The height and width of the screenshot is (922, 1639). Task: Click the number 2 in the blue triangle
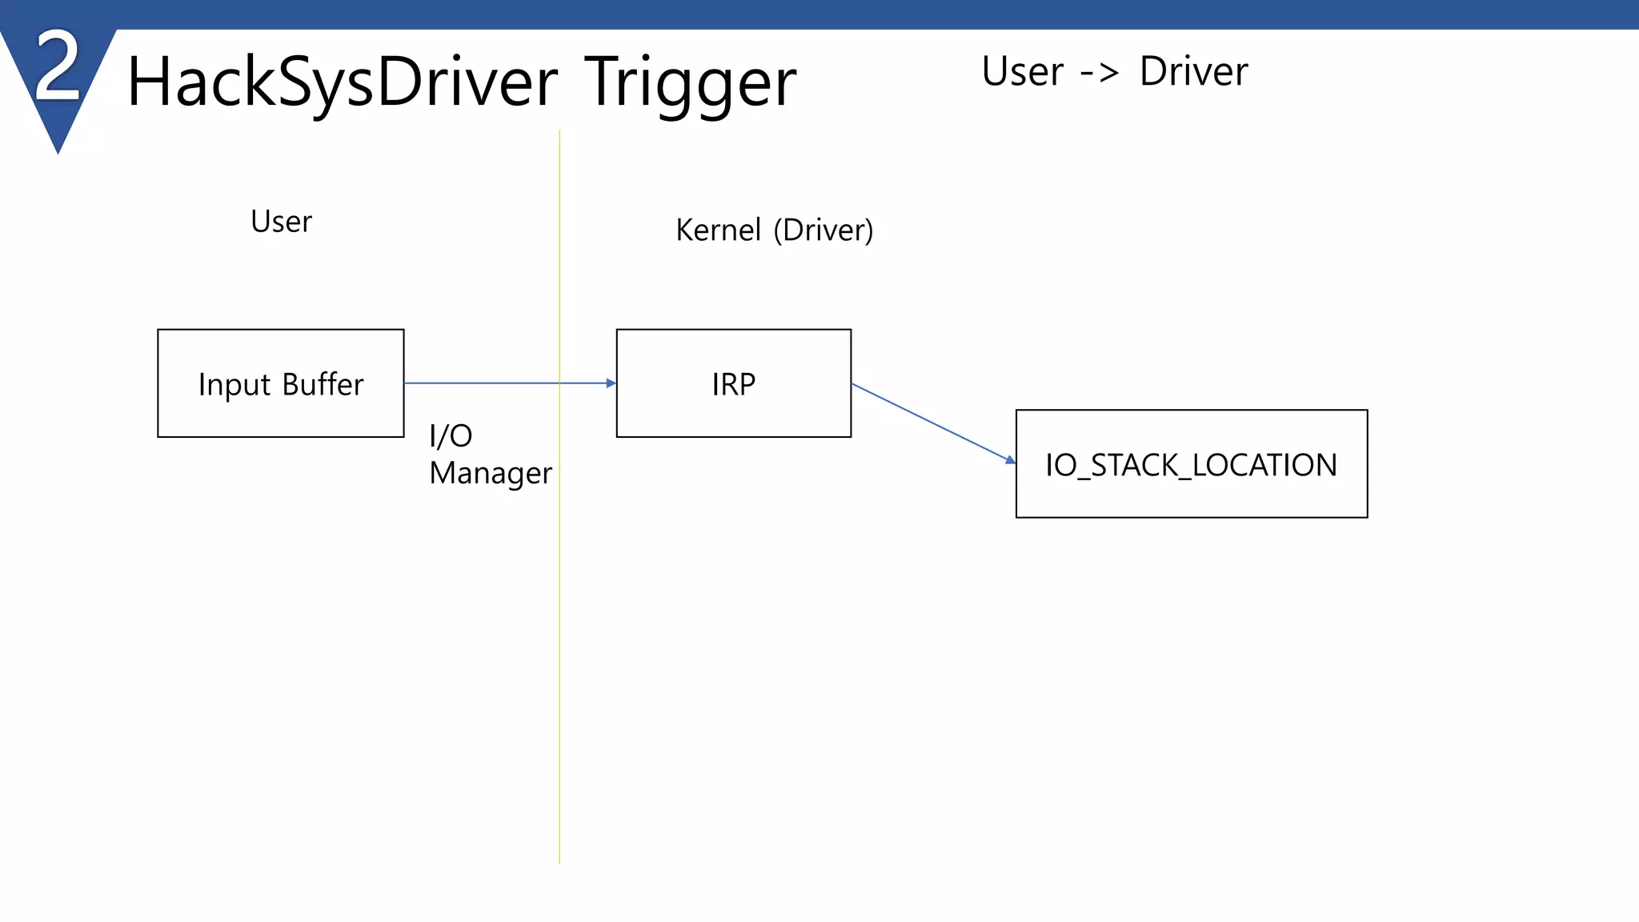[58, 67]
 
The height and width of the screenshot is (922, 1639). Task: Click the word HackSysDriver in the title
[342, 82]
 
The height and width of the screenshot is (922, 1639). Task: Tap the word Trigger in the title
[690, 82]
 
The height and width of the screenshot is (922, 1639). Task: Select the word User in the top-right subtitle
[1022, 72]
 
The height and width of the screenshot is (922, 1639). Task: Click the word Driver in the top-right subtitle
[1193, 72]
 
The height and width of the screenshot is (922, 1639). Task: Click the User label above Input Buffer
[281, 222]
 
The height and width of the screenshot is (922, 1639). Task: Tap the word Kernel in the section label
[718, 230]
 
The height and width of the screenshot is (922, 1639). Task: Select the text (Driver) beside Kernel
[824, 230]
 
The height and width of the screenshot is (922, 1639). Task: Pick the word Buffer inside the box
[323, 385]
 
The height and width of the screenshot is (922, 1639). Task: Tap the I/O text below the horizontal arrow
[451, 436]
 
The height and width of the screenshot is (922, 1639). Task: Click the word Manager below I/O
[491, 474]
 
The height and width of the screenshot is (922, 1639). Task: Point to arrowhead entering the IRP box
[611, 383]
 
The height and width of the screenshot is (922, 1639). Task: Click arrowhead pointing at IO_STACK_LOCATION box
[1010, 459]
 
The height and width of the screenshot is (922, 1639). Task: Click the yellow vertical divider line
[559, 640]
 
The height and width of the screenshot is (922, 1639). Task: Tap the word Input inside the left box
[234, 386]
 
